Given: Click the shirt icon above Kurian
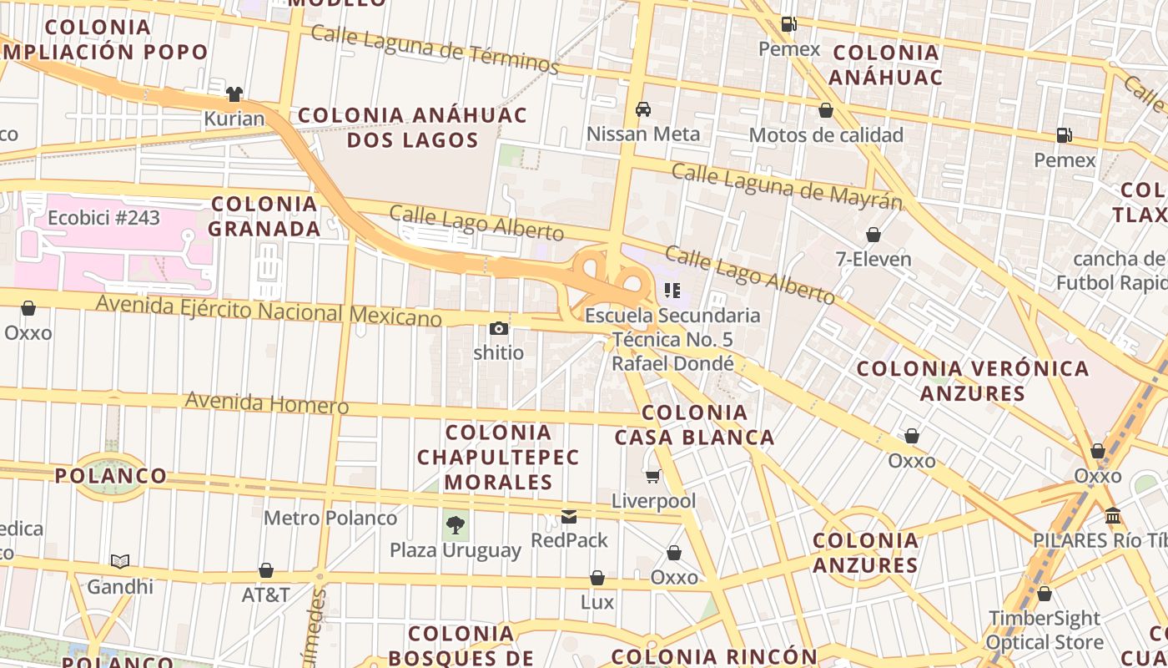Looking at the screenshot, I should point(234,94).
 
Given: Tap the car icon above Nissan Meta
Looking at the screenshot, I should point(643,109).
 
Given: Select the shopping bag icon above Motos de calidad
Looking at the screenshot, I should point(826,110).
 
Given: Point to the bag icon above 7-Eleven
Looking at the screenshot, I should point(873,235).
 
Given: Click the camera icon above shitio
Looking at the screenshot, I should point(499,328).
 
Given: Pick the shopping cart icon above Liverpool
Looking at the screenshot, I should point(653,476).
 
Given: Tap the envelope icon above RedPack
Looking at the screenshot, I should point(569,517).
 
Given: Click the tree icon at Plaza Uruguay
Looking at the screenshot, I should point(456,525).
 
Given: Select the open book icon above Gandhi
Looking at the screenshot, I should point(120,562).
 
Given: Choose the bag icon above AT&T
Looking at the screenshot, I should point(266,571).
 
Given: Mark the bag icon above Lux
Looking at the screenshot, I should point(597,578).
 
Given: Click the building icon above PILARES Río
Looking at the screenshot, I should point(1113,516).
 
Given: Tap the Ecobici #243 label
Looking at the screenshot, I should point(103,218).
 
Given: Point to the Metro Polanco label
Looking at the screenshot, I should point(330,518).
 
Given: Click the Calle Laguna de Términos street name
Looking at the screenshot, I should point(435,48).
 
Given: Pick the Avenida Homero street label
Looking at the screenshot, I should point(267,402).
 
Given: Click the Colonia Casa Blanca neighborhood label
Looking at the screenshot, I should point(694,424).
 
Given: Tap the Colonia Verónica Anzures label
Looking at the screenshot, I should point(973,380).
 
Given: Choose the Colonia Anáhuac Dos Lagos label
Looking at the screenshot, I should point(413,127).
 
